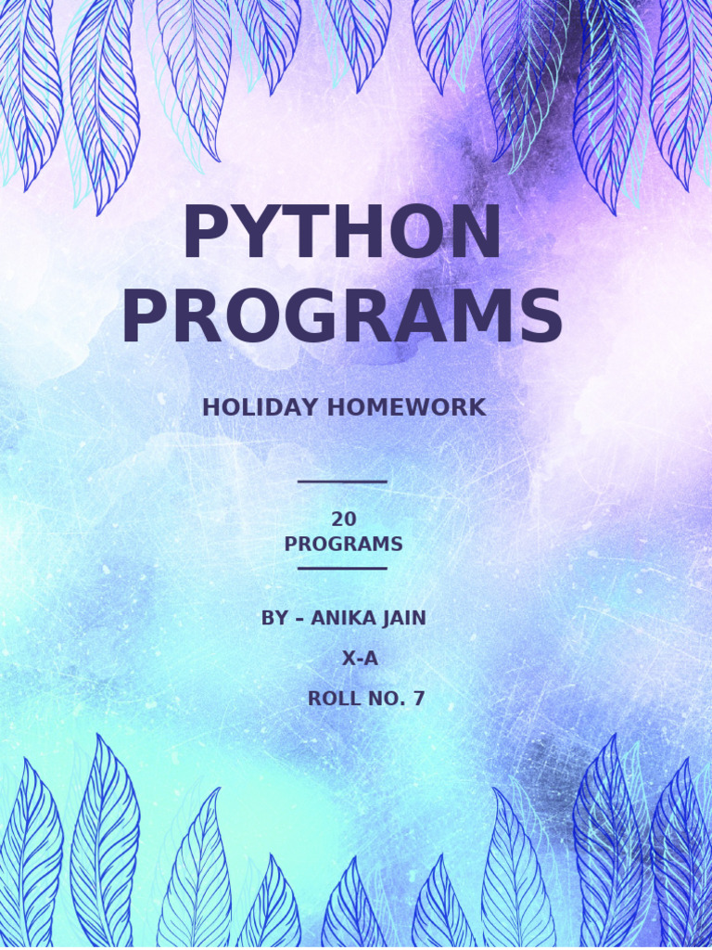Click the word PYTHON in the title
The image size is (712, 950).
342,234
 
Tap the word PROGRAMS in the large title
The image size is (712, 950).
342,318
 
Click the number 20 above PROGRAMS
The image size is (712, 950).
344,520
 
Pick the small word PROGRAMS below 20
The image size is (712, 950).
344,545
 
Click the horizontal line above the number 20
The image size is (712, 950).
342,481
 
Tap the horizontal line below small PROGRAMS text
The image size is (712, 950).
342,568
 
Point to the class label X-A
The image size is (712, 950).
361,660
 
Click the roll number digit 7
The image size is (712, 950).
419,700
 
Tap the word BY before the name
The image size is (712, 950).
274,618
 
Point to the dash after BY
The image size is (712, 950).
299,619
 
